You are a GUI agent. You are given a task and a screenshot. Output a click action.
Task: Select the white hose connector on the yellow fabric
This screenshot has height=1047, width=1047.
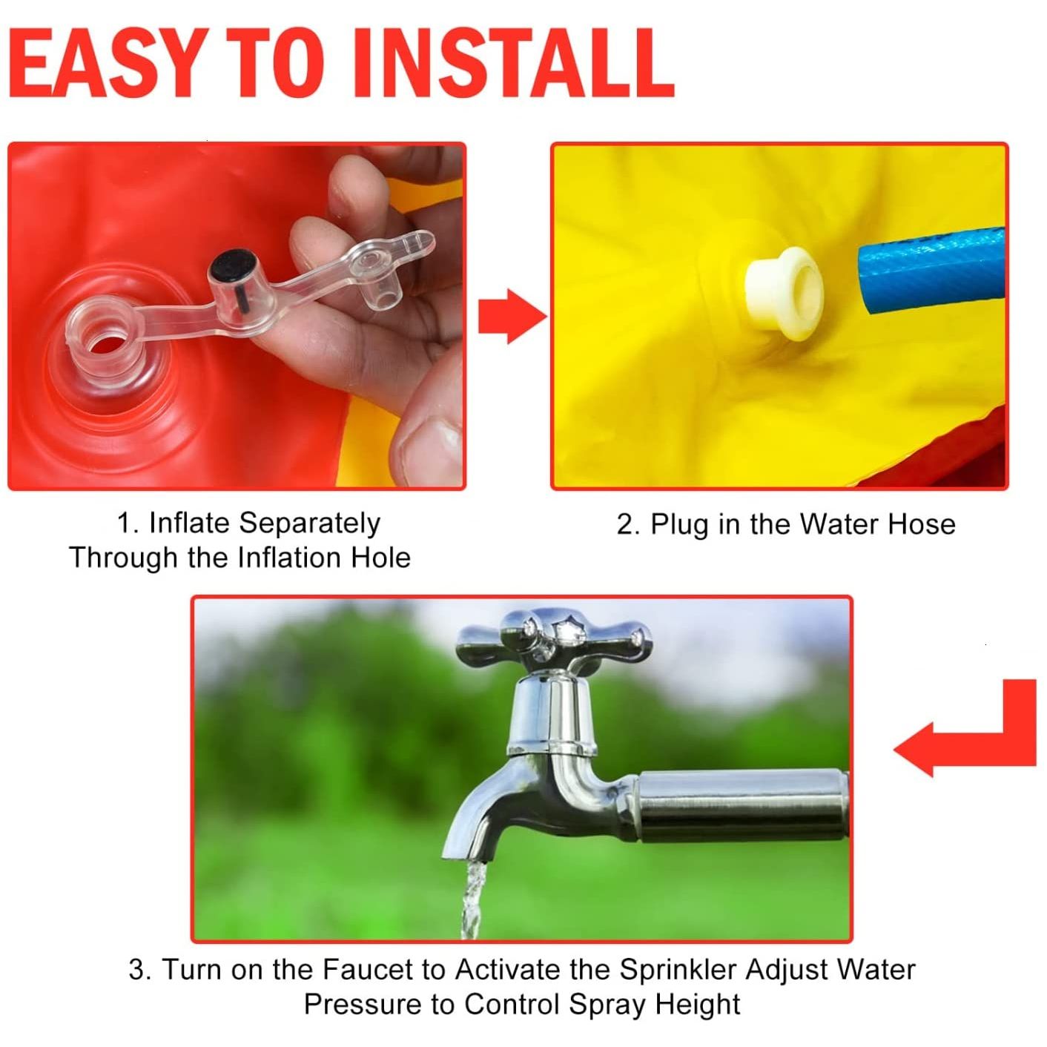click(x=784, y=294)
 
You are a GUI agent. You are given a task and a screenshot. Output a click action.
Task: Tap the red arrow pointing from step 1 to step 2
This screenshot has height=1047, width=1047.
click(x=512, y=317)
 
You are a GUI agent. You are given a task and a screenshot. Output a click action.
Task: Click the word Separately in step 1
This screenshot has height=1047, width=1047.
click(x=310, y=524)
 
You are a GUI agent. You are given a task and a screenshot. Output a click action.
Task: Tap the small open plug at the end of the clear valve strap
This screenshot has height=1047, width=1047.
click(x=381, y=298)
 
